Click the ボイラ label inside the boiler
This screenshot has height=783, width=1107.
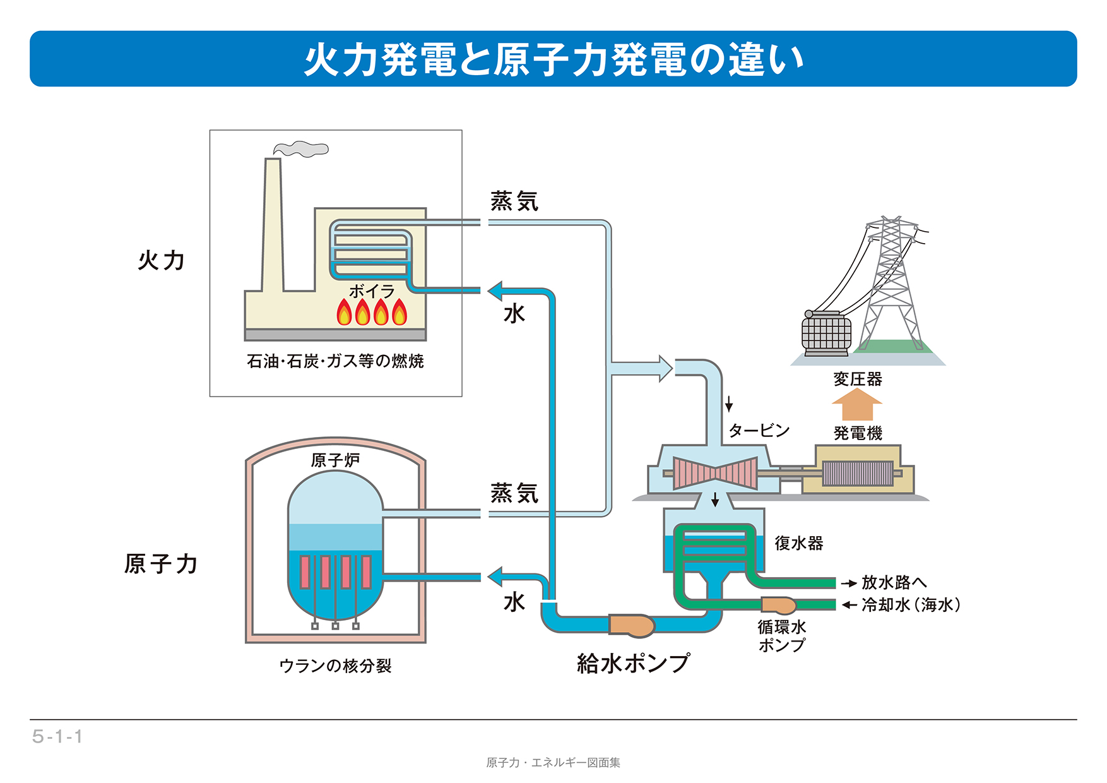[372, 291]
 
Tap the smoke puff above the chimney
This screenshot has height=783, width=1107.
[302, 149]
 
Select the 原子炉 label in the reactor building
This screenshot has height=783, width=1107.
[335, 460]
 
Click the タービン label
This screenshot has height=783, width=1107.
[759, 431]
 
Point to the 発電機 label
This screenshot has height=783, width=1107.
[858, 433]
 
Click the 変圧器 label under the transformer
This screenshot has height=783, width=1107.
[858, 379]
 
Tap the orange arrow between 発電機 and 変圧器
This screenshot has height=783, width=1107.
[857, 405]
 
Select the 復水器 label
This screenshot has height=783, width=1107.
[799, 543]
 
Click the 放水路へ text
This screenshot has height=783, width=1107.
[894, 582]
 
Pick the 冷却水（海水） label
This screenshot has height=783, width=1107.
[911, 605]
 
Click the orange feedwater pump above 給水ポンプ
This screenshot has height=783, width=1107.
[631, 625]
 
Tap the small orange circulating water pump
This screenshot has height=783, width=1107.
[779, 605]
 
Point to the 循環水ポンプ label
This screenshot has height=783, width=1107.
[782, 636]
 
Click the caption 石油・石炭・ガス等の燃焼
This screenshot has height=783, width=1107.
[335, 361]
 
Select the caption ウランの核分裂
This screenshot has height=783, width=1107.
[335, 666]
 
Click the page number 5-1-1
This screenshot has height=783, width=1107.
[57, 736]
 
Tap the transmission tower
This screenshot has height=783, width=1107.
[891, 284]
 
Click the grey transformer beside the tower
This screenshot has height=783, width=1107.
[826, 333]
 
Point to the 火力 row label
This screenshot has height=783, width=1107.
[162, 260]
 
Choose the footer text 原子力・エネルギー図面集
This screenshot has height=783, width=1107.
[553, 763]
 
